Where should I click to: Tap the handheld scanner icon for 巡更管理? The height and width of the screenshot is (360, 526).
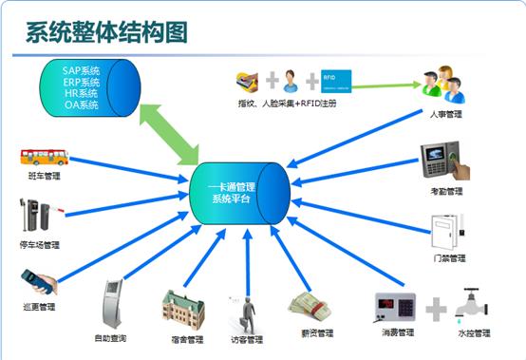[39, 282]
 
